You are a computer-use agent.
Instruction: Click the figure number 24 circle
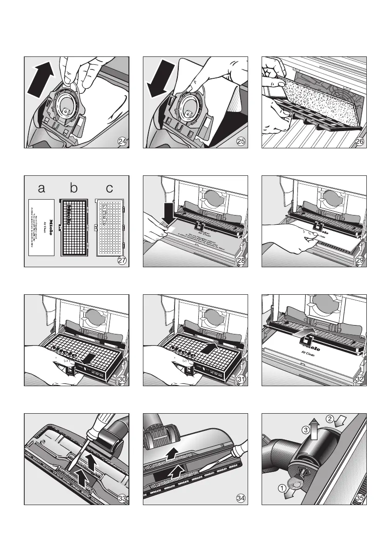point(122,142)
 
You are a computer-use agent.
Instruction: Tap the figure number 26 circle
point(360,142)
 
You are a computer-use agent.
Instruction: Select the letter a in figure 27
point(42,189)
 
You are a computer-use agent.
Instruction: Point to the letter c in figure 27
point(109,189)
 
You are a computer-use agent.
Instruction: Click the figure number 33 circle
point(122,499)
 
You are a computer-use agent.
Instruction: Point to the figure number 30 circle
point(122,380)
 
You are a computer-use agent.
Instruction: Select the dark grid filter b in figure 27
point(74,229)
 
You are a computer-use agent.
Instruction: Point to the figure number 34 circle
point(241,499)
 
